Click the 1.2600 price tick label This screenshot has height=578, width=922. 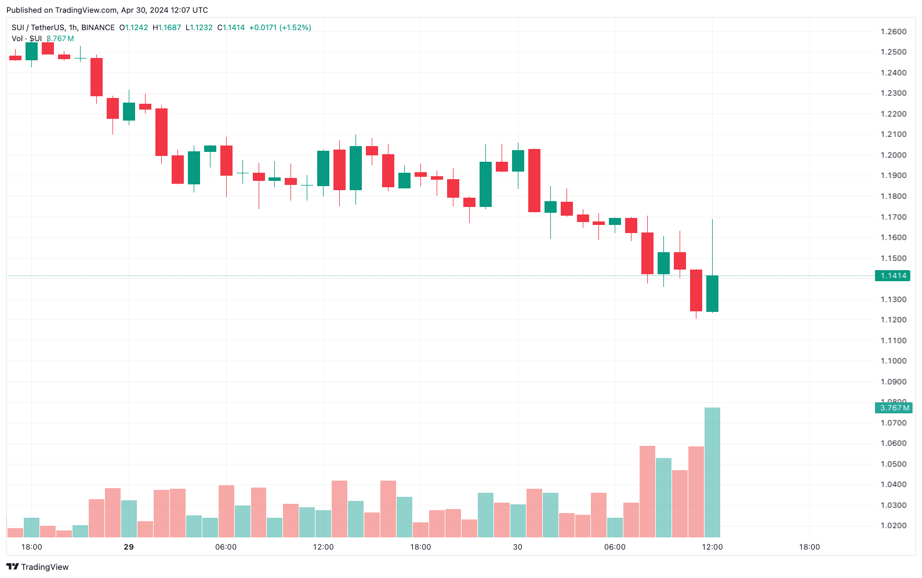click(893, 31)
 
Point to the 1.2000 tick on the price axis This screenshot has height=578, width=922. click(893, 155)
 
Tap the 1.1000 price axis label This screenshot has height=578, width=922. click(893, 361)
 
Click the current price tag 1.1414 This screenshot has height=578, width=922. click(893, 275)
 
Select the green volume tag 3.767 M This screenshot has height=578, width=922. click(894, 408)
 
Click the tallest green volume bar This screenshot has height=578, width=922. click(712, 472)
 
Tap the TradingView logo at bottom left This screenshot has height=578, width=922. click(38, 567)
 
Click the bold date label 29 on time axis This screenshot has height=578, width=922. click(129, 547)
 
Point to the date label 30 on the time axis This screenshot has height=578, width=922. click(518, 547)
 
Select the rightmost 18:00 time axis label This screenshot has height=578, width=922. click(810, 547)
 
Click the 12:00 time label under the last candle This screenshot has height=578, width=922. click(712, 547)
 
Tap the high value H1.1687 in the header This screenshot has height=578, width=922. click(167, 27)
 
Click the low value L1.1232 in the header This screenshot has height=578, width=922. click(199, 27)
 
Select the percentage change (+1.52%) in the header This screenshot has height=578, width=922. click(295, 27)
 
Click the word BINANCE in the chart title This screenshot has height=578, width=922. click(98, 27)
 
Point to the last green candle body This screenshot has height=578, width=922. click(712, 293)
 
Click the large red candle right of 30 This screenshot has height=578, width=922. click(534, 180)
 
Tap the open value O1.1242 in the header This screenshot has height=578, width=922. click(133, 27)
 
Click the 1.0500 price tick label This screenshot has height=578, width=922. click(893, 464)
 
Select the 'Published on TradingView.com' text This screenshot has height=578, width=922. click(61, 10)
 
